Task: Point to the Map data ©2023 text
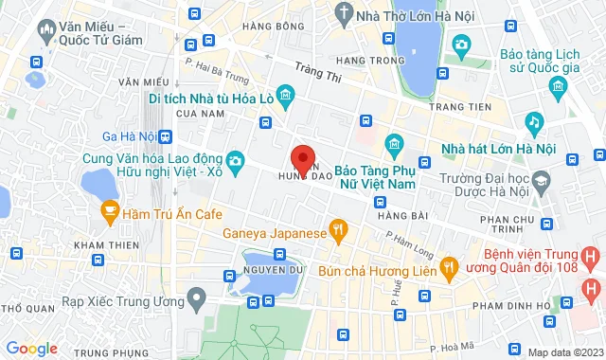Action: (564, 352)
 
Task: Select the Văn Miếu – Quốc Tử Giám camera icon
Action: (43, 30)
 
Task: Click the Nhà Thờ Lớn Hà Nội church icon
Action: (344, 15)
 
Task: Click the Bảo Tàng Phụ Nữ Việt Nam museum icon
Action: (395, 145)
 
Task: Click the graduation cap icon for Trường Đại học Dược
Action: (541, 179)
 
